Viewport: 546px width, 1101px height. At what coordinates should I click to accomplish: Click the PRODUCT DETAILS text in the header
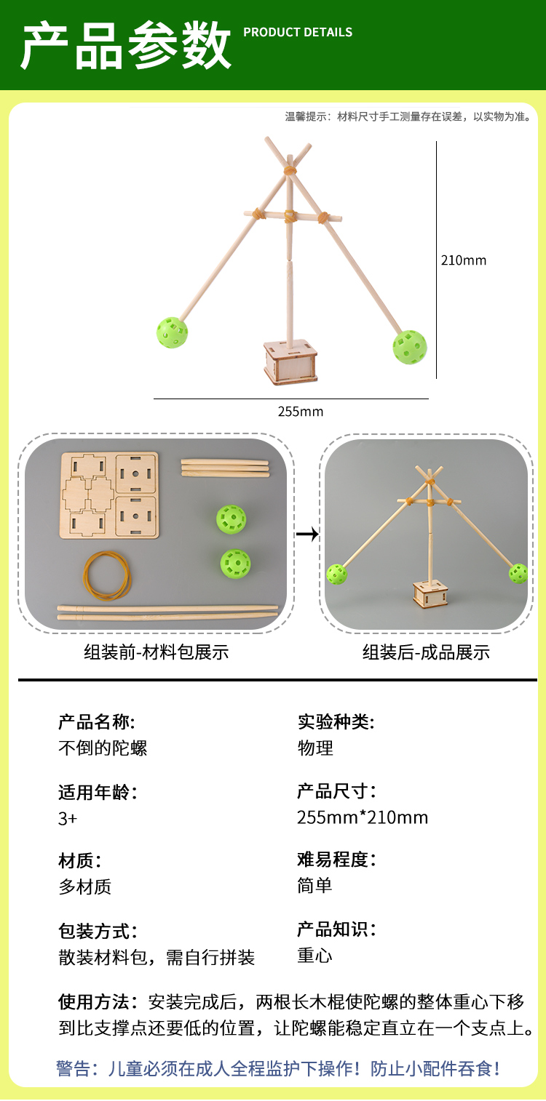pos(297,32)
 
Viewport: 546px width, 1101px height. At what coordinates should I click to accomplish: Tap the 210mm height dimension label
pos(463,260)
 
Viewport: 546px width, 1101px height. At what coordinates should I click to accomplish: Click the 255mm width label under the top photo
pos(300,412)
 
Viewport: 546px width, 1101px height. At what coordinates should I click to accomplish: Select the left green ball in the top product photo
pos(173,332)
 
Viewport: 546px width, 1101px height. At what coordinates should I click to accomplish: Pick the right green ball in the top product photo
pos(410,347)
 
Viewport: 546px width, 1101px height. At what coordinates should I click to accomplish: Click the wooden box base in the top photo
pos(291,363)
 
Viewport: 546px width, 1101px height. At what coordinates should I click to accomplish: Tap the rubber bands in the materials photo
pos(107,574)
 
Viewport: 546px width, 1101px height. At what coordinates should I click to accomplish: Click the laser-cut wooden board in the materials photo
pos(109,495)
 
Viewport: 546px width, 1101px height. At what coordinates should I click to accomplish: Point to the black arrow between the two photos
pos(307,534)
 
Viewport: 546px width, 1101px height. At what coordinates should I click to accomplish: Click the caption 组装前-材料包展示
pos(156,652)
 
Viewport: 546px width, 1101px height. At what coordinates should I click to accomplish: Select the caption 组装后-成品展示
pos(426,652)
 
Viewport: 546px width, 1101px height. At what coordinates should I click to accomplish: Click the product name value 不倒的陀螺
pos(103,748)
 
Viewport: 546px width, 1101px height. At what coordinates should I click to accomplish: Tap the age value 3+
pos(68,818)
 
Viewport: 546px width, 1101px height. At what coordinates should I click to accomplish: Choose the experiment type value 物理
pos(315,748)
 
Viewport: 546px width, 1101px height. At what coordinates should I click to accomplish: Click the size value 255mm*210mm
pos(363,817)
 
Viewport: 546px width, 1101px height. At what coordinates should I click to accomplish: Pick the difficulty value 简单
pos(315,885)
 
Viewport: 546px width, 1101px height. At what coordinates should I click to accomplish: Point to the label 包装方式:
pos(98,931)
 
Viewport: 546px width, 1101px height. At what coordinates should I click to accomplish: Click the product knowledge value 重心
pos(315,955)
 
